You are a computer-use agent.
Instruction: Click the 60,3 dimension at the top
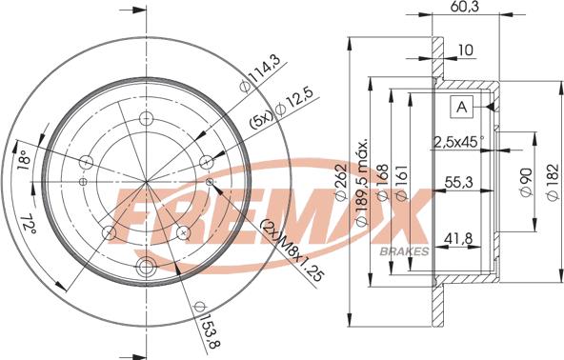tap(466, 7)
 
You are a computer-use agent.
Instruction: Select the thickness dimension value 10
tap(466, 50)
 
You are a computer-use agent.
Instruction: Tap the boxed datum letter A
tap(461, 107)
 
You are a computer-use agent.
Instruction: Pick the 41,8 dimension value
tap(458, 238)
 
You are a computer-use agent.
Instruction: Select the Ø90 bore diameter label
tap(526, 182)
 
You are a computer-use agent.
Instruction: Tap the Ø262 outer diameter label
tap(340, 182)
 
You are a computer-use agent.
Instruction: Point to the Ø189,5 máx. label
tap(362, 182)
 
